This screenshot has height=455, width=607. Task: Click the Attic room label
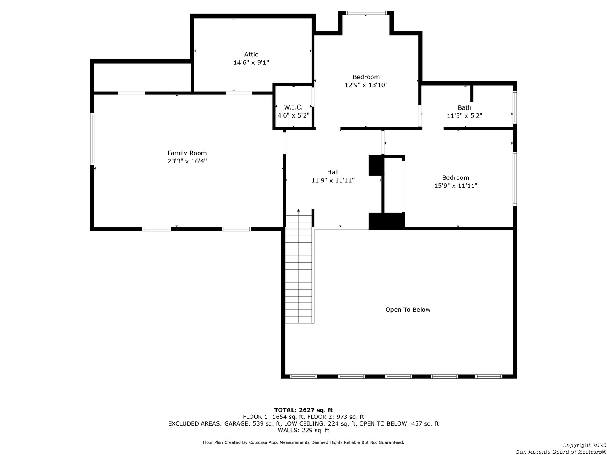tap(251, 54)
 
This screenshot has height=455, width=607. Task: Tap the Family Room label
tap(187, 153)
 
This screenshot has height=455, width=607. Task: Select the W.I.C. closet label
tap(293, 107)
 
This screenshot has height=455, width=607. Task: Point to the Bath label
tap(464, 108)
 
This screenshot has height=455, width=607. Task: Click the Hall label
tap(333, 172)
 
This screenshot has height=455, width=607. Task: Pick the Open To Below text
tap(408, 310)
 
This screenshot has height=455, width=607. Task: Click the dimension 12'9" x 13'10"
tap(366, 85)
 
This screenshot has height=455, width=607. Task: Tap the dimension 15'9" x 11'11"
tap(456, 186)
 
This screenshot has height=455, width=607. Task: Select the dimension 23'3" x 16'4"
tap(187, 161)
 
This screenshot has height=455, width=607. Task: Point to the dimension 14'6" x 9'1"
tap(251, 63)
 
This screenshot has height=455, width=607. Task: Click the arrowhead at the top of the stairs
tap(298, 211)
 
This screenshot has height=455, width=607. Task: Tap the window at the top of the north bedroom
tap(366, 13)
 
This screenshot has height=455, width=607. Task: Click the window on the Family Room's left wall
tap(92, 139)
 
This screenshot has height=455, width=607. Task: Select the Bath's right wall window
tap(515, 107)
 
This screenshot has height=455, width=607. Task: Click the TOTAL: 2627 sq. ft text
tap(303, 410)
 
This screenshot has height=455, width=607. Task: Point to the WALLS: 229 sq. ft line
tap(303, 430)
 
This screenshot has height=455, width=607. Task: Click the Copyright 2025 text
tap(583, 445)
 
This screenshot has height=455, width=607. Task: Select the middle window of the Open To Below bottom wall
tap(398, 377)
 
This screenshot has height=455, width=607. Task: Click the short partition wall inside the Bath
tap(472, 94)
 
